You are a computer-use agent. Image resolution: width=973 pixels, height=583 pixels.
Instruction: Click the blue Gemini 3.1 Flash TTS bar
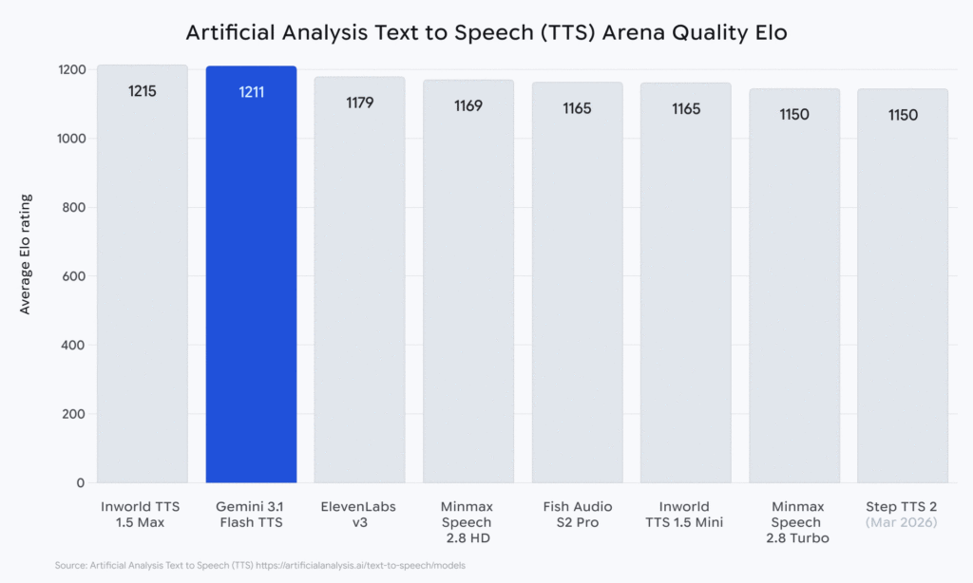(x=251, y=285)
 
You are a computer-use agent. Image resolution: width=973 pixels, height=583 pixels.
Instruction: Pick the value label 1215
(x=143, y=92)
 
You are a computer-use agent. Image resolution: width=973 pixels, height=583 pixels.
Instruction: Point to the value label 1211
(x=251, y=93)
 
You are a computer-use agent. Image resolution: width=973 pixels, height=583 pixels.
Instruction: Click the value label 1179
(x=359, y=103)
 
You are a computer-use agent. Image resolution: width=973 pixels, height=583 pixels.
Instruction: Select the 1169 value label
(x=468, y=105)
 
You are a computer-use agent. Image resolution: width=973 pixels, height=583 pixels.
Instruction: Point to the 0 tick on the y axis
(x=82, y=483)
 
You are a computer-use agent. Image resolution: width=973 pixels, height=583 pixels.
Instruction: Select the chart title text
(x=486, y=32)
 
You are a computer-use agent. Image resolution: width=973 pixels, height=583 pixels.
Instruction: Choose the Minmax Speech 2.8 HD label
(x=467, y=522)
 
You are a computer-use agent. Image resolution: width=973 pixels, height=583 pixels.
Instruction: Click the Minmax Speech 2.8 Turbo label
(x=793, y=522)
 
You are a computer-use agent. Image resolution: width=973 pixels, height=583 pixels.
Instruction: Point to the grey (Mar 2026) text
(x=903, y=522)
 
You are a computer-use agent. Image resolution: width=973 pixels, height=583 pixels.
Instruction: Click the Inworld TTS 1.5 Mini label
(x=685, y=514)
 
